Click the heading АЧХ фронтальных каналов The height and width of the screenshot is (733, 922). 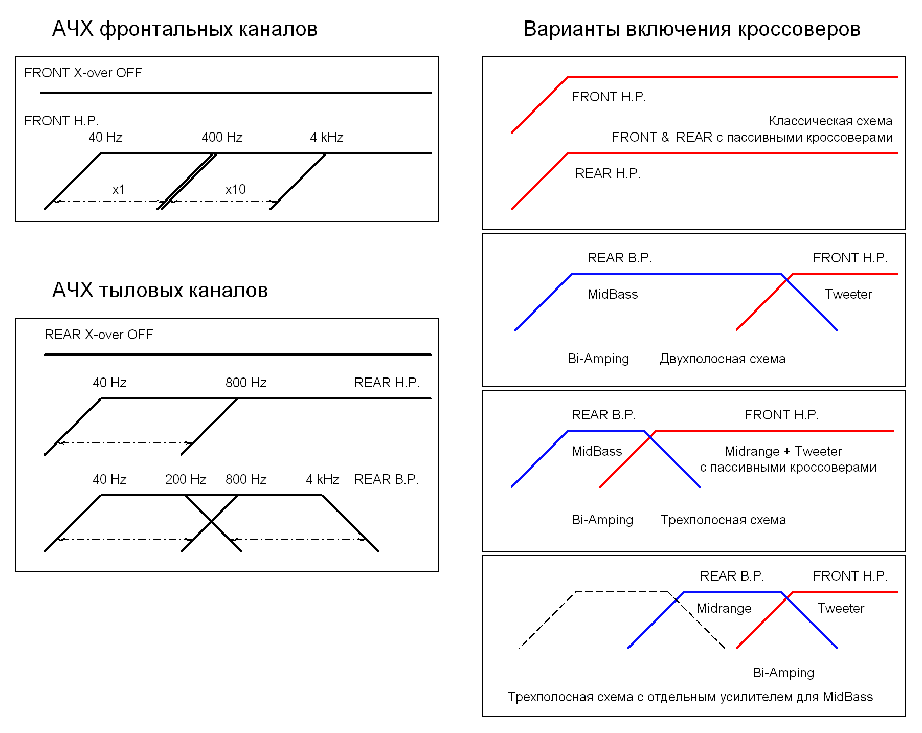[x=185, y=29]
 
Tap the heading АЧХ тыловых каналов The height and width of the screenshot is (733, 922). [x=160, y=290]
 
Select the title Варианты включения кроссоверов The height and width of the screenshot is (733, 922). [x=691, y=29]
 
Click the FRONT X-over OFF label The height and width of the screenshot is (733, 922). [x=83, y=73]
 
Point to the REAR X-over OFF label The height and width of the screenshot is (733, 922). [x=99, y=335]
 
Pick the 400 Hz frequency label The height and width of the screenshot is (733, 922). [x=222, y=137]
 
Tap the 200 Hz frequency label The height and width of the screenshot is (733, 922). [x=186, y=479]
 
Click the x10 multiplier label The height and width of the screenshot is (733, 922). [x=236, y=189]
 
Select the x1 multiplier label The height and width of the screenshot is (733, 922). [x=119, y=189]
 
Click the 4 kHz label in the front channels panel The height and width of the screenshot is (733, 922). [x=327, y=137]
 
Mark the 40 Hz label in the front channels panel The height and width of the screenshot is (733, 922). [x=105, y=137]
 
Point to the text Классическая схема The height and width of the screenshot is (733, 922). [x=830, y=121]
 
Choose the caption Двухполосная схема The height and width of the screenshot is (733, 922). [x=722, y=359]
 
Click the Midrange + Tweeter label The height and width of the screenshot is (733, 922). [x=783, y=451]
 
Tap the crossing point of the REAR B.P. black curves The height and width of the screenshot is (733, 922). [x=211, y=522]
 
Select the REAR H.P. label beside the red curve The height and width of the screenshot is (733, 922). [x=608, y=173]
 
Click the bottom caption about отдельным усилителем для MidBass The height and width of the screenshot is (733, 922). [x=690, y=697]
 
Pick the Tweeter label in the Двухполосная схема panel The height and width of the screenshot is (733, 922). [x=848, y=294]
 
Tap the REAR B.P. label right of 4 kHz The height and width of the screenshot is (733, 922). [x=386, y=479]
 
